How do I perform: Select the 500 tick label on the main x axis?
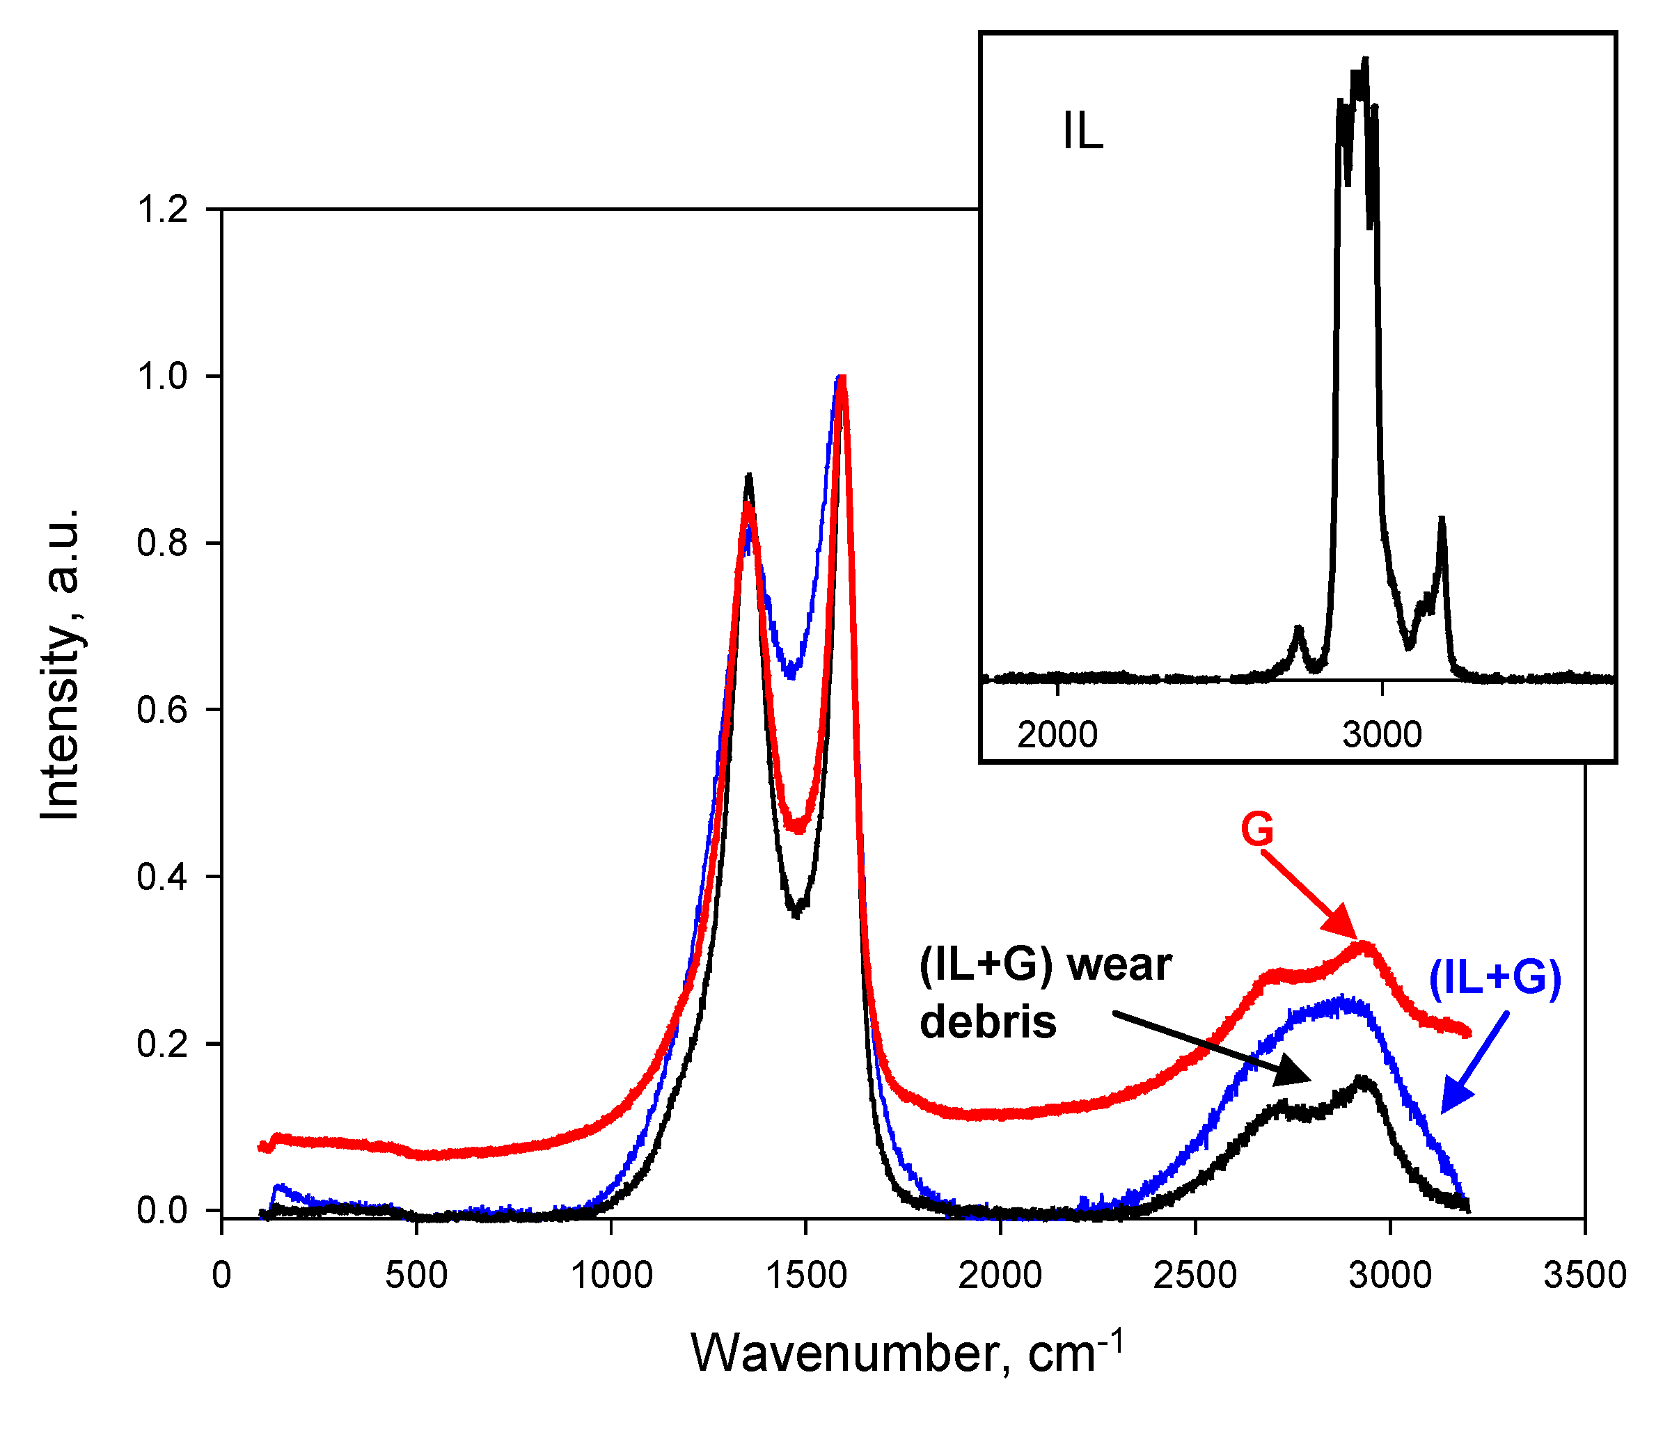tap(416, 1276)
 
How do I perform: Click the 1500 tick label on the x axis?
tap(805, 1276)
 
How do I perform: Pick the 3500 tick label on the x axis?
tap(1585, 1276)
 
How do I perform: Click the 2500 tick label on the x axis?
tap(1195, 1276)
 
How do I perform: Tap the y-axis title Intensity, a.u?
tap(61, 665)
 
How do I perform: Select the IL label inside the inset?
tap(1082, 132)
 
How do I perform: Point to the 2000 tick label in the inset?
tap(1057, 735)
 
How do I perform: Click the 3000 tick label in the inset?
tap(1382, 735)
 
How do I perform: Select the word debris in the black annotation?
tap(988, 1021)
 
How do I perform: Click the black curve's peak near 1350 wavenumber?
tap(749, 477)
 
